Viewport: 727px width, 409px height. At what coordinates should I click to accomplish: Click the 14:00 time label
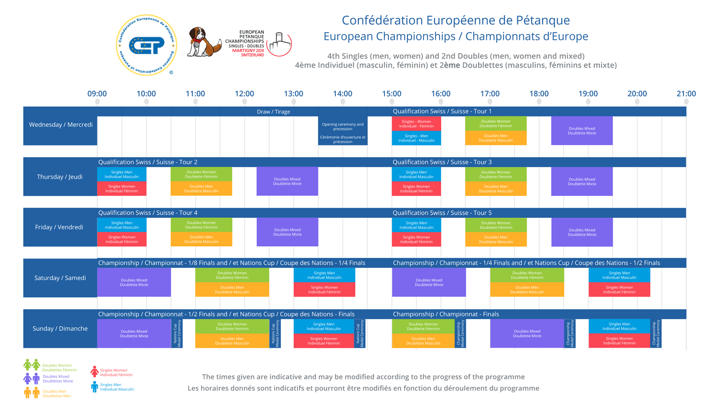(343, 94)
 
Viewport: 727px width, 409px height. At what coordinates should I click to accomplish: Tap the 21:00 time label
(686, 94)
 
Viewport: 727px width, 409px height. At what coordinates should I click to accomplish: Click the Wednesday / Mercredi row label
(61, 125)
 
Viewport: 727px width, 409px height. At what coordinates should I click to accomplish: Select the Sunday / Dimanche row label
(61, 329)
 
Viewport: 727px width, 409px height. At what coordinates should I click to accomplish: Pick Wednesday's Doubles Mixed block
(582, 131)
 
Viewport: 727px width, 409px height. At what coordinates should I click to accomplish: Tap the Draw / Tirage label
(273, 111)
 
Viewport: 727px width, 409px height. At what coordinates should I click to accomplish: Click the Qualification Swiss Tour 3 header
(442, 162)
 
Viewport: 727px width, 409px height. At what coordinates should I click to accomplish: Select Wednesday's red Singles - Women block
(416, 124)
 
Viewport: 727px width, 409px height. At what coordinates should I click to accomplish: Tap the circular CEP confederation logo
(147, 45)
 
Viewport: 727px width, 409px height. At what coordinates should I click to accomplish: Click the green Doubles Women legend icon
(32, 365)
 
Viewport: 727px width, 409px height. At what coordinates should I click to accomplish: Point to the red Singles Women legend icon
(95, 372)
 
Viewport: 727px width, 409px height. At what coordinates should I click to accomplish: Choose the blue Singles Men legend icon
(95, 387)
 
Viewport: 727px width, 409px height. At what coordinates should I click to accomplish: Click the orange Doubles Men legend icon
(32, 393)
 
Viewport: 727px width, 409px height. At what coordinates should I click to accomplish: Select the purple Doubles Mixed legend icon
(32, 379)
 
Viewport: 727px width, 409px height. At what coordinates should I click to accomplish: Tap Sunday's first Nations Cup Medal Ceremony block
(177, 334)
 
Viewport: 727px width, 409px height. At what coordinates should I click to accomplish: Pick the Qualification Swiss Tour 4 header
(148, 213)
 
